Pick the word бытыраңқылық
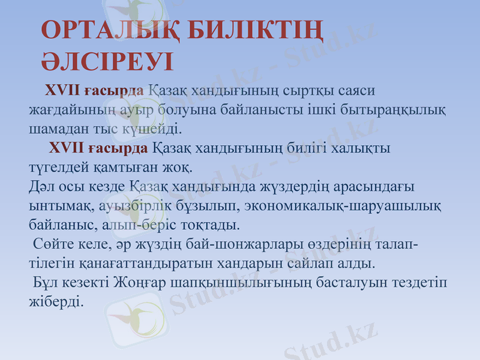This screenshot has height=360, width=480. point(391,110)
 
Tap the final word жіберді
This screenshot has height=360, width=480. point(56,301)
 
